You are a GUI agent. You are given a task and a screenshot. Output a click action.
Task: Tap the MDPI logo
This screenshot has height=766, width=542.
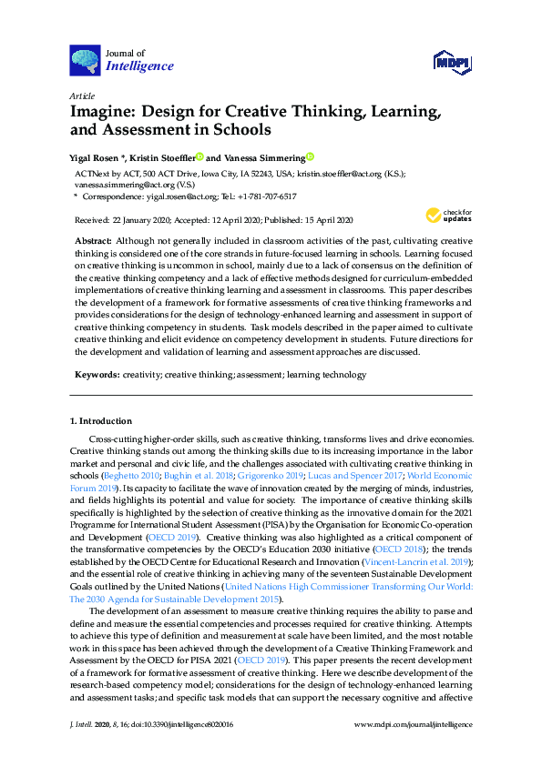(453, 61)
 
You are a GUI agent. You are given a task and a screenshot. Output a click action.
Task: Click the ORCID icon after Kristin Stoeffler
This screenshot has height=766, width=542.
(199, 156)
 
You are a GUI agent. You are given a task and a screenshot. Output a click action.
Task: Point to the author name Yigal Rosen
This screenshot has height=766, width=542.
(99, 156)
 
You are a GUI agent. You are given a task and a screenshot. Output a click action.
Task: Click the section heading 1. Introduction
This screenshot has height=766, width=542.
(100, 421)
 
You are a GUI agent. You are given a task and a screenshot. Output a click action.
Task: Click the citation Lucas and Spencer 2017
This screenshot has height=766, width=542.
(348, 476)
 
